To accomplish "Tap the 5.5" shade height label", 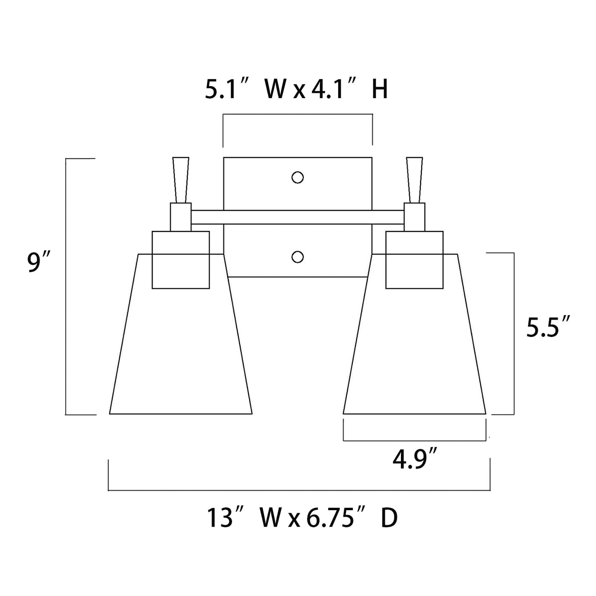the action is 547,327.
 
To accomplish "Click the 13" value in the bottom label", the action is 226,518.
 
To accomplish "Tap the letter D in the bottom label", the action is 389,518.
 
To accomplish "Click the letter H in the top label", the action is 379,90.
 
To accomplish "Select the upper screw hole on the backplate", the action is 297,177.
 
